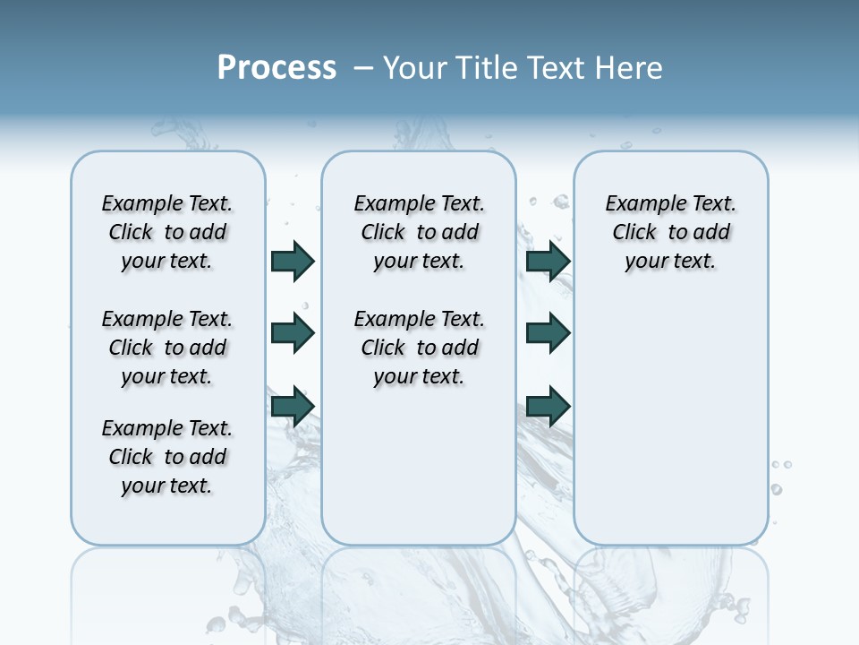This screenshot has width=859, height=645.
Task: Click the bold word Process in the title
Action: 276,68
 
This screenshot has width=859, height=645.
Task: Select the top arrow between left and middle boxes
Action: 293,261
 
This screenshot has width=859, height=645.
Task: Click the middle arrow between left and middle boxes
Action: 293,333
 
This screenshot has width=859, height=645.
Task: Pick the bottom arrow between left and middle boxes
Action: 293,407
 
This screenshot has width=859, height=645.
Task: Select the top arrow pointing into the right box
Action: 548,261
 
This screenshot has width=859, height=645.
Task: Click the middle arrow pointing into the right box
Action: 548,333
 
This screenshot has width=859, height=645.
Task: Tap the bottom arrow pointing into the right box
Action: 548,407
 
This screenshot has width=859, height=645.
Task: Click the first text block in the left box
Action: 167,232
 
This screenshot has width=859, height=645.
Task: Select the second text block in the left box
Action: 167,348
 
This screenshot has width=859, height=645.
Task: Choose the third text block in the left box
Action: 167,457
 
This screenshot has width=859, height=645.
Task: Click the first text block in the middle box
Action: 419,232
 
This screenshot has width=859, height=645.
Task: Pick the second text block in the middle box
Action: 419,348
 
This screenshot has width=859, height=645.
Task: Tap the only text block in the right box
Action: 671,232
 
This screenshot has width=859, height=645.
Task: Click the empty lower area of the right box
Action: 671,430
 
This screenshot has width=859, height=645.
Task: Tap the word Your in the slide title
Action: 415,68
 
